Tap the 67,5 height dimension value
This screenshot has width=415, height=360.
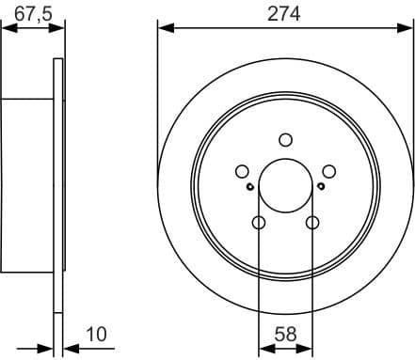click(31, 13)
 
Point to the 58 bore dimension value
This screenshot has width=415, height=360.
click(284, 332)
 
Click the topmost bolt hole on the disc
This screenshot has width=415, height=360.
click(285, 141)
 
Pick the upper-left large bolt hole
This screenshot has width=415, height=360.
click(241, 172)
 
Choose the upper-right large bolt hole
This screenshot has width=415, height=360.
click(329, 172)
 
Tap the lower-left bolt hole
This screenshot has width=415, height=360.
click(258, 223)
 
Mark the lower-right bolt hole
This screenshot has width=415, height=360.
click(312, 223)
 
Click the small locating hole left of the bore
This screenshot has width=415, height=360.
click(249, 186)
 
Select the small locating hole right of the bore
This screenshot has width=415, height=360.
click(321, 186)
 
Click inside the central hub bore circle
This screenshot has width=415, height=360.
click(285, 186)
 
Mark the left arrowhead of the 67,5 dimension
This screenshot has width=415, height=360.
click(5, 29)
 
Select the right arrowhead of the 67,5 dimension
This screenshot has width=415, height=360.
click(60, 29)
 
